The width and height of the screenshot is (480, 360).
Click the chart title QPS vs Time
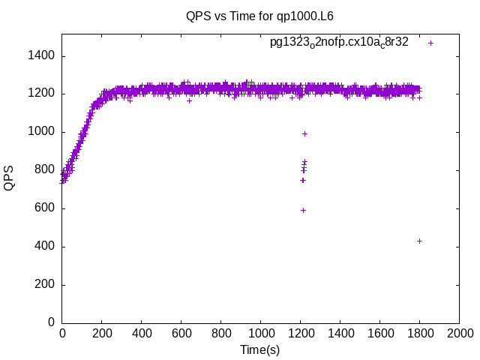click(259, 16)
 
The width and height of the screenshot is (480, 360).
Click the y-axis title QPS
click(10, 178)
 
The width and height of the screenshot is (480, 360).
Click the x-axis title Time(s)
click(259, 350)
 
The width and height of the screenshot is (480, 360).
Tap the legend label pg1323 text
click(339, 42)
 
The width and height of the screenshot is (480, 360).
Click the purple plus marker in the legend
click(430, 43)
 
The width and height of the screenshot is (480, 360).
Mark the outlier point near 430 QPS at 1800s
click(419, 241)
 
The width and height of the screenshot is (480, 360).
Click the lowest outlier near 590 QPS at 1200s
click(303, 210)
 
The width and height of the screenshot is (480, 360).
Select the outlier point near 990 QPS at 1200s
click(304, 133)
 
